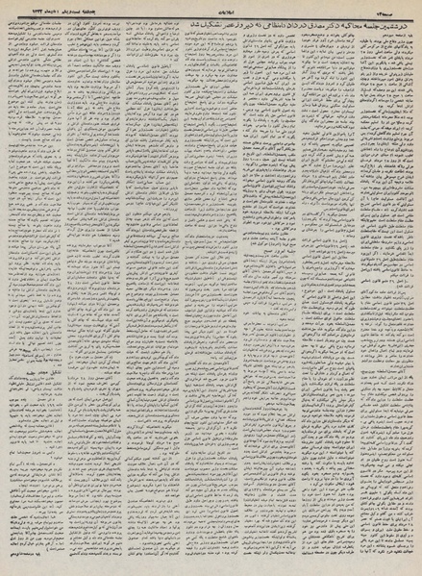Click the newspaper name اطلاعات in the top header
211,7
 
